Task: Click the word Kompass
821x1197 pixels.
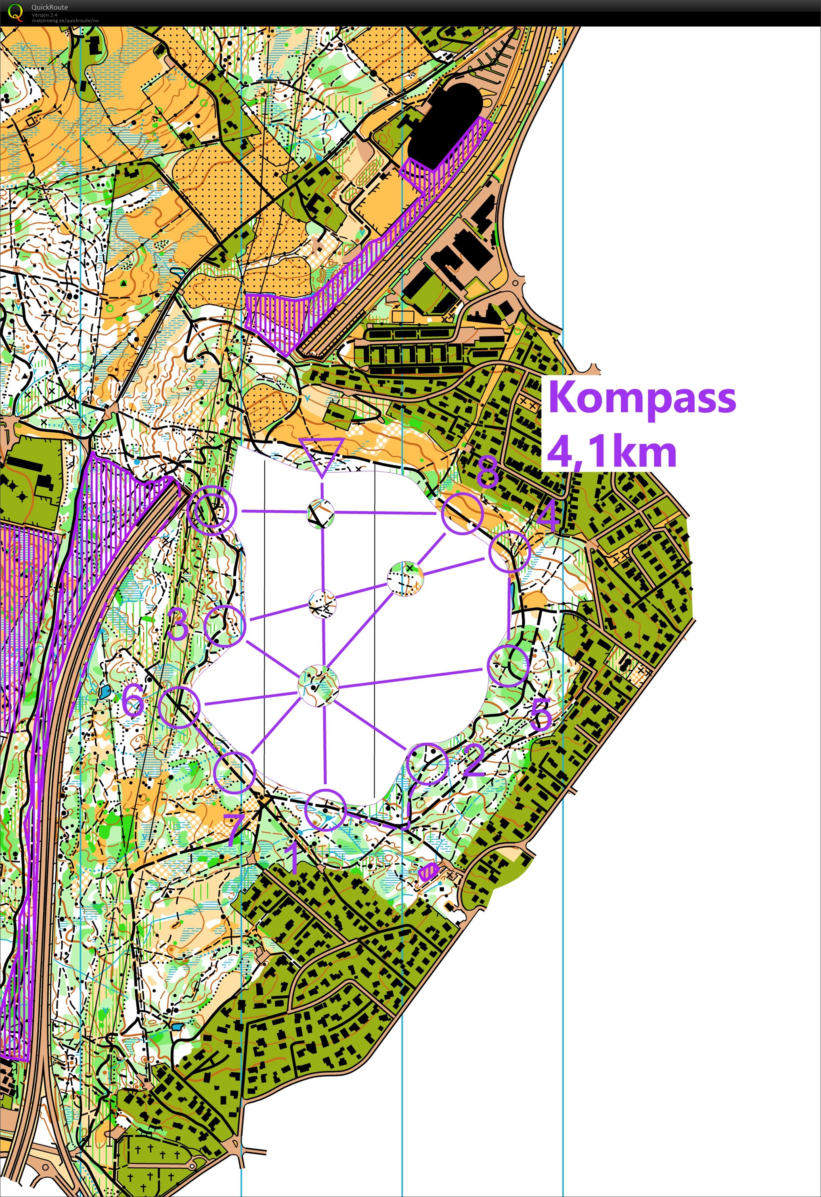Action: tap(642, 398)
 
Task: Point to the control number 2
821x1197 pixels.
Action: tap(473, 760)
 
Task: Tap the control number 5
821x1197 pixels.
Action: tap(541, 713)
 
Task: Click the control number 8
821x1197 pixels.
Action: tap(487, 471)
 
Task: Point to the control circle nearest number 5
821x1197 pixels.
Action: tap(508, 665)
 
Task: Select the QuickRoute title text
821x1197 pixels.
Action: tap(50, 7)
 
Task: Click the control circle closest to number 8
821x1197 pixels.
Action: tap(462, 513)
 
